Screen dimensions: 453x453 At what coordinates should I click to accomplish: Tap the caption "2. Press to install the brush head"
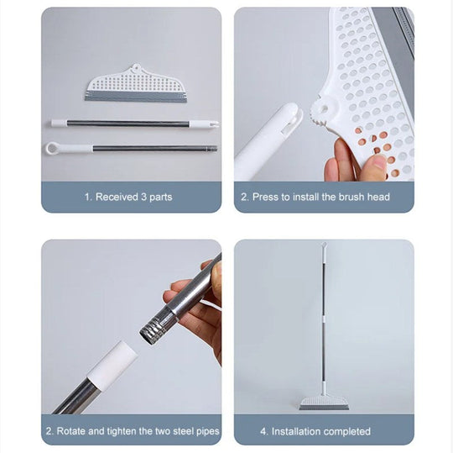[x=324, y=198]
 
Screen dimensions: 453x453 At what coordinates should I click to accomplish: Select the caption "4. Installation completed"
[x=323, y=431]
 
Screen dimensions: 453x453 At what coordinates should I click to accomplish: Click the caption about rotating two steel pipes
[x=132, y=431]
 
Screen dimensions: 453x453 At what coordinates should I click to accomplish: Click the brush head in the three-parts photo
[x=135, y=85]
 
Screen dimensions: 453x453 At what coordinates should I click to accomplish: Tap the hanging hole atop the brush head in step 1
[x=136, y=69]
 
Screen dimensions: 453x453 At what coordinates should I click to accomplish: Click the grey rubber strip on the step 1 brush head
[x=135, y=97]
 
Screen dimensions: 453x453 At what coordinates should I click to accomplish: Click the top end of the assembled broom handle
[x=324, y=246]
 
